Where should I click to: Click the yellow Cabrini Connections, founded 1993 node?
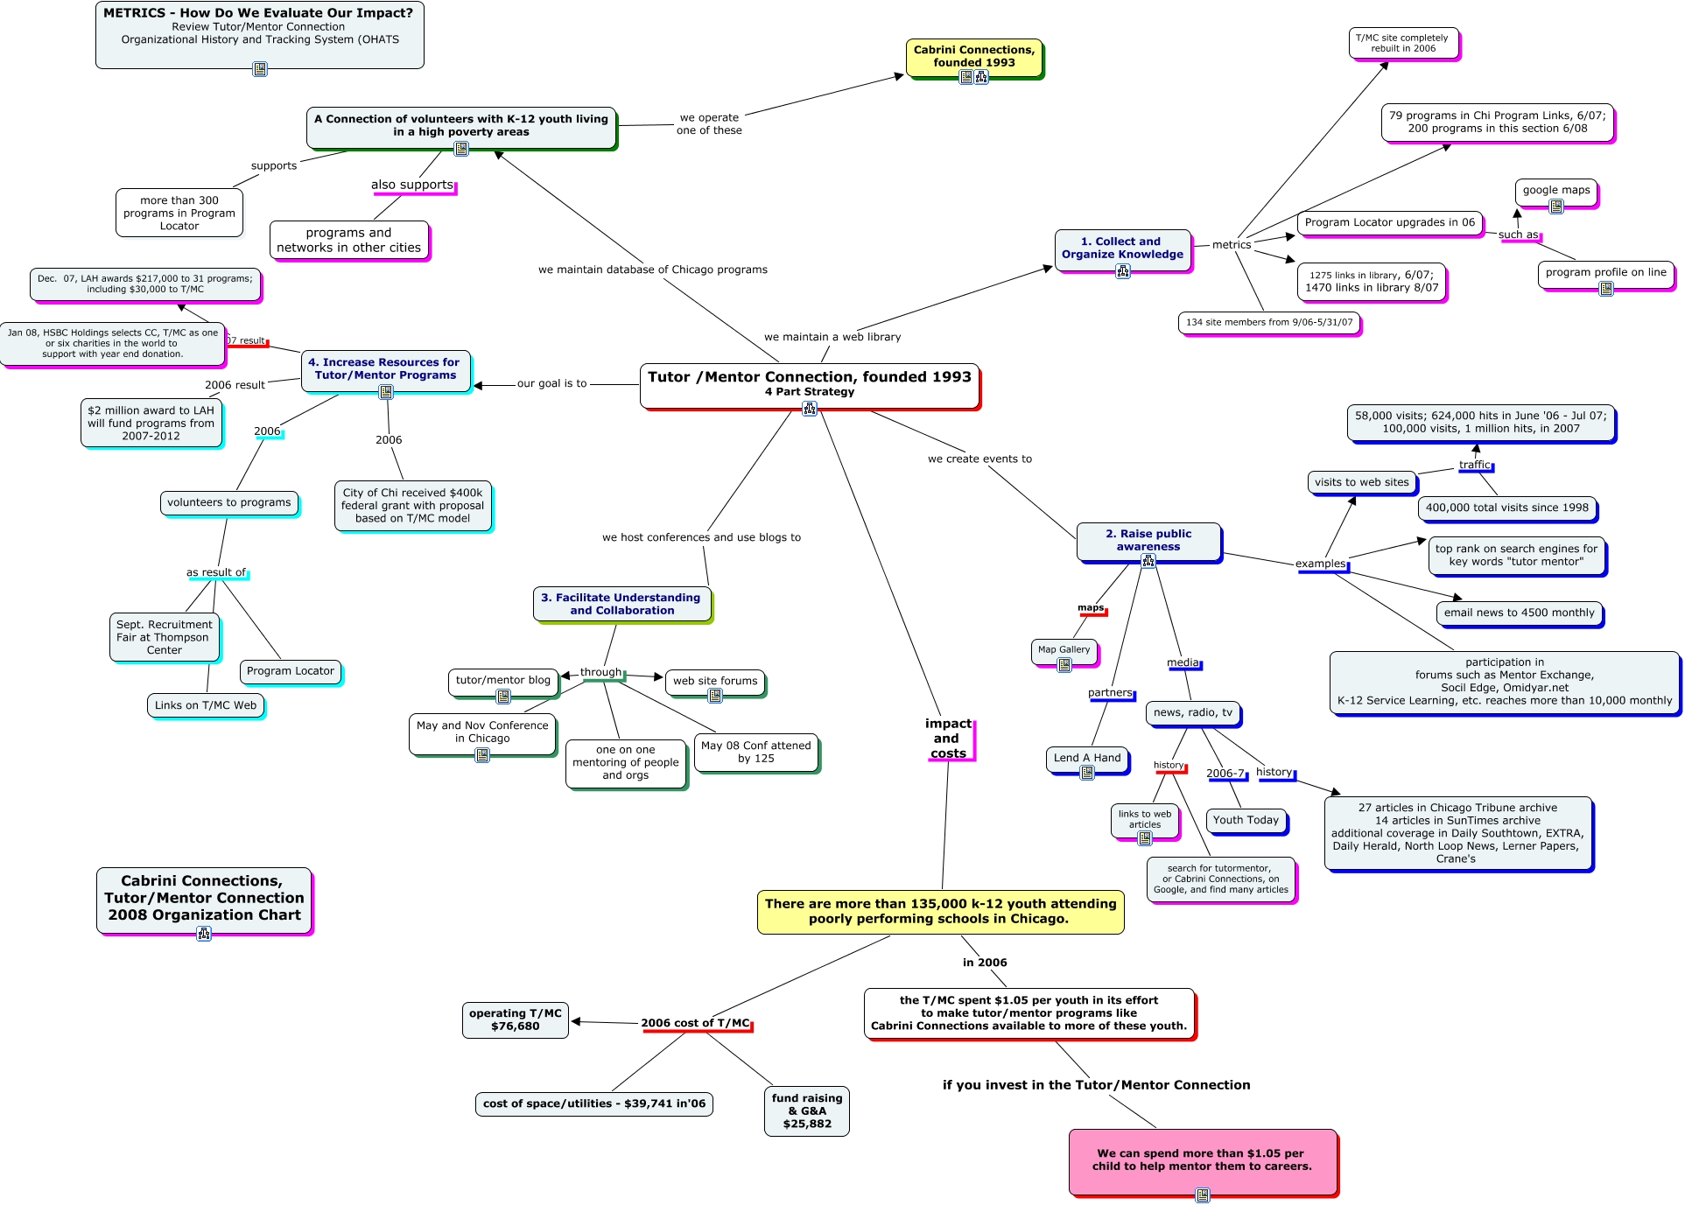click(973, 56)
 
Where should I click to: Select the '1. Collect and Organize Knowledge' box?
click(1122, 249)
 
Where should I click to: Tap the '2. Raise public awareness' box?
click(1148, 541)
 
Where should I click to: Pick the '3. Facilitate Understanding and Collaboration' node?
click(621, 604)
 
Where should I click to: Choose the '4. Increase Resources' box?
click(386, 369)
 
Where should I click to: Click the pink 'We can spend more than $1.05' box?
click(1203, 1160)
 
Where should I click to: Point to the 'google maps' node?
click(1555, 191)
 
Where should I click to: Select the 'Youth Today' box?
click(1246, 820)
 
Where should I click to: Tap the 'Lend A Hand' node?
click(1086, 758)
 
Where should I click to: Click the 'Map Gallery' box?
click(1064, 650)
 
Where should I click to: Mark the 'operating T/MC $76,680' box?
click(515, 1019)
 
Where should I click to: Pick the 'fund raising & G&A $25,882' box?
click(806, 1110)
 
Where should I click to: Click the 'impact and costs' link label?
click(948, 739)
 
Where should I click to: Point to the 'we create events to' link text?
click(979, 459)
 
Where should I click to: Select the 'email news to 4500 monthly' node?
click(1519, 613)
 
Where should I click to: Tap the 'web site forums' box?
click(714, 681)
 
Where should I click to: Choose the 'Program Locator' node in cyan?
click(290, 671)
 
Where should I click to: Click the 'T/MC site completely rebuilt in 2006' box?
click(1401, 43)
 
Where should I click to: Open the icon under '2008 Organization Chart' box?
click(204, 934)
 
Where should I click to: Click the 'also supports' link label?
click(412, 185)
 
